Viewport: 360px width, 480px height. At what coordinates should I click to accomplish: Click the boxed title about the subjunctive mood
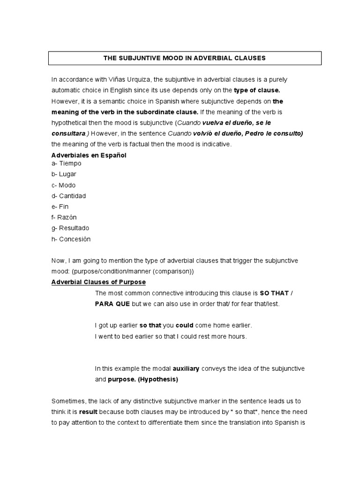point(185,58)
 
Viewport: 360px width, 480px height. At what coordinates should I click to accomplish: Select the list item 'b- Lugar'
point(64,174)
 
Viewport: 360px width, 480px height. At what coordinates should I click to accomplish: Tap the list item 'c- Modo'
point(63,185)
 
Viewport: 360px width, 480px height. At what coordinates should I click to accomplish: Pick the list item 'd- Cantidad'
point(68,196)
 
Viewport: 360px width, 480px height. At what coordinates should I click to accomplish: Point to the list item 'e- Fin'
point(60,207)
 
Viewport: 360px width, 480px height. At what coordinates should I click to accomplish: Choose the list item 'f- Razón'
point(64,217)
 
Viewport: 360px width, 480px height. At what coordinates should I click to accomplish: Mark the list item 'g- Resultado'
point(70,228)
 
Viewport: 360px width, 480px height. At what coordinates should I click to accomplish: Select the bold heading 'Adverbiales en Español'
point(89,155)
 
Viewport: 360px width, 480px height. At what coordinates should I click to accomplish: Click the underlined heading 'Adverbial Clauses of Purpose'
point(98,282)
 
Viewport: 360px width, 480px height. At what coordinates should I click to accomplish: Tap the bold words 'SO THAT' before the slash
point(274,293)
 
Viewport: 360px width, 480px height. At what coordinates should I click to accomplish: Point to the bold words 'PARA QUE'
point(112,304)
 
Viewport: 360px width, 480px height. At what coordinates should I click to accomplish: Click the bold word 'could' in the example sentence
point(185,325)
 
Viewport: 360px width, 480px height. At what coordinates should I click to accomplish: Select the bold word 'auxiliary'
point(186,368)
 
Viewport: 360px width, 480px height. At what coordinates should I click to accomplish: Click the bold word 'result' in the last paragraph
point(88,412)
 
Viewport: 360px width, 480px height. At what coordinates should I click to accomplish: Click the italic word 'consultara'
point(68,133)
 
